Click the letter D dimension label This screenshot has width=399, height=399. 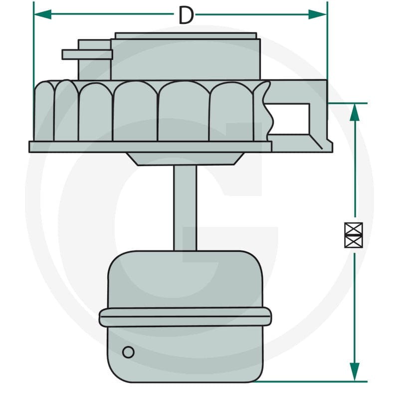point(186,15)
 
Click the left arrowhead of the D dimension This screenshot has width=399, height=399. point(42,14)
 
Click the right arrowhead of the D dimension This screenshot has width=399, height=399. point(317,14)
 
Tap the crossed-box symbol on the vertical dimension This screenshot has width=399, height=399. point(354,235)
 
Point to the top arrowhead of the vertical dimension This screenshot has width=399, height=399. point(355,112)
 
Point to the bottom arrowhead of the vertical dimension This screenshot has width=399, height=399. point(355,372)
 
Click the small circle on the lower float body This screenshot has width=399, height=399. point(128,352)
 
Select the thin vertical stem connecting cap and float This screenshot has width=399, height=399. point(185,208)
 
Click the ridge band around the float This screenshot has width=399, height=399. point(185,317)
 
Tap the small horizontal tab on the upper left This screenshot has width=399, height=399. point(87,55)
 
